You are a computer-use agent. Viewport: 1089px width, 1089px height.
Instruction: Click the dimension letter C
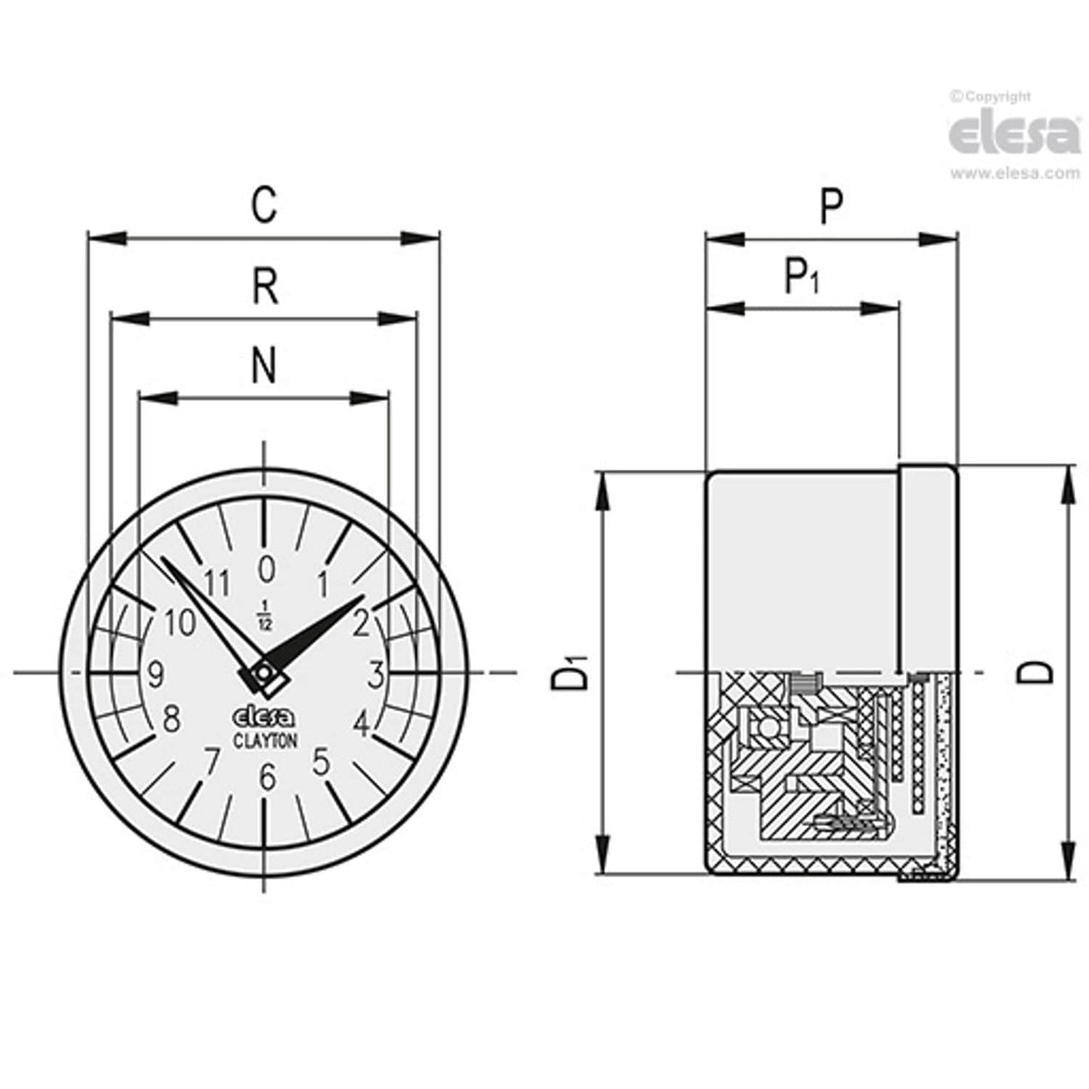263,205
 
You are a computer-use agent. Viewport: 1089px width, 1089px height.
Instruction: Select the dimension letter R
265,289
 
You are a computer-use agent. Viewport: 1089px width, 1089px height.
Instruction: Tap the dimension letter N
264,366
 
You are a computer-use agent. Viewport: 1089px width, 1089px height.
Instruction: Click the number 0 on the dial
266,568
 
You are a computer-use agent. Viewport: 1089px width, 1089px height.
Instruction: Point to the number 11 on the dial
216,583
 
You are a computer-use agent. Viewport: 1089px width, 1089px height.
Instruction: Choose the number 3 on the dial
377,672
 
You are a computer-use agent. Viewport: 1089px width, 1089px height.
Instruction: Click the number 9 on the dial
155,674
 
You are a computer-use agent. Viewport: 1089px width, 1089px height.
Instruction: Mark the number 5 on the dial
321,762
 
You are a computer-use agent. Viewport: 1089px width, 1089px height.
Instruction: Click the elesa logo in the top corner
1015,135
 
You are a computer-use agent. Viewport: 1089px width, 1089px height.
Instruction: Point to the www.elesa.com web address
1015,174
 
